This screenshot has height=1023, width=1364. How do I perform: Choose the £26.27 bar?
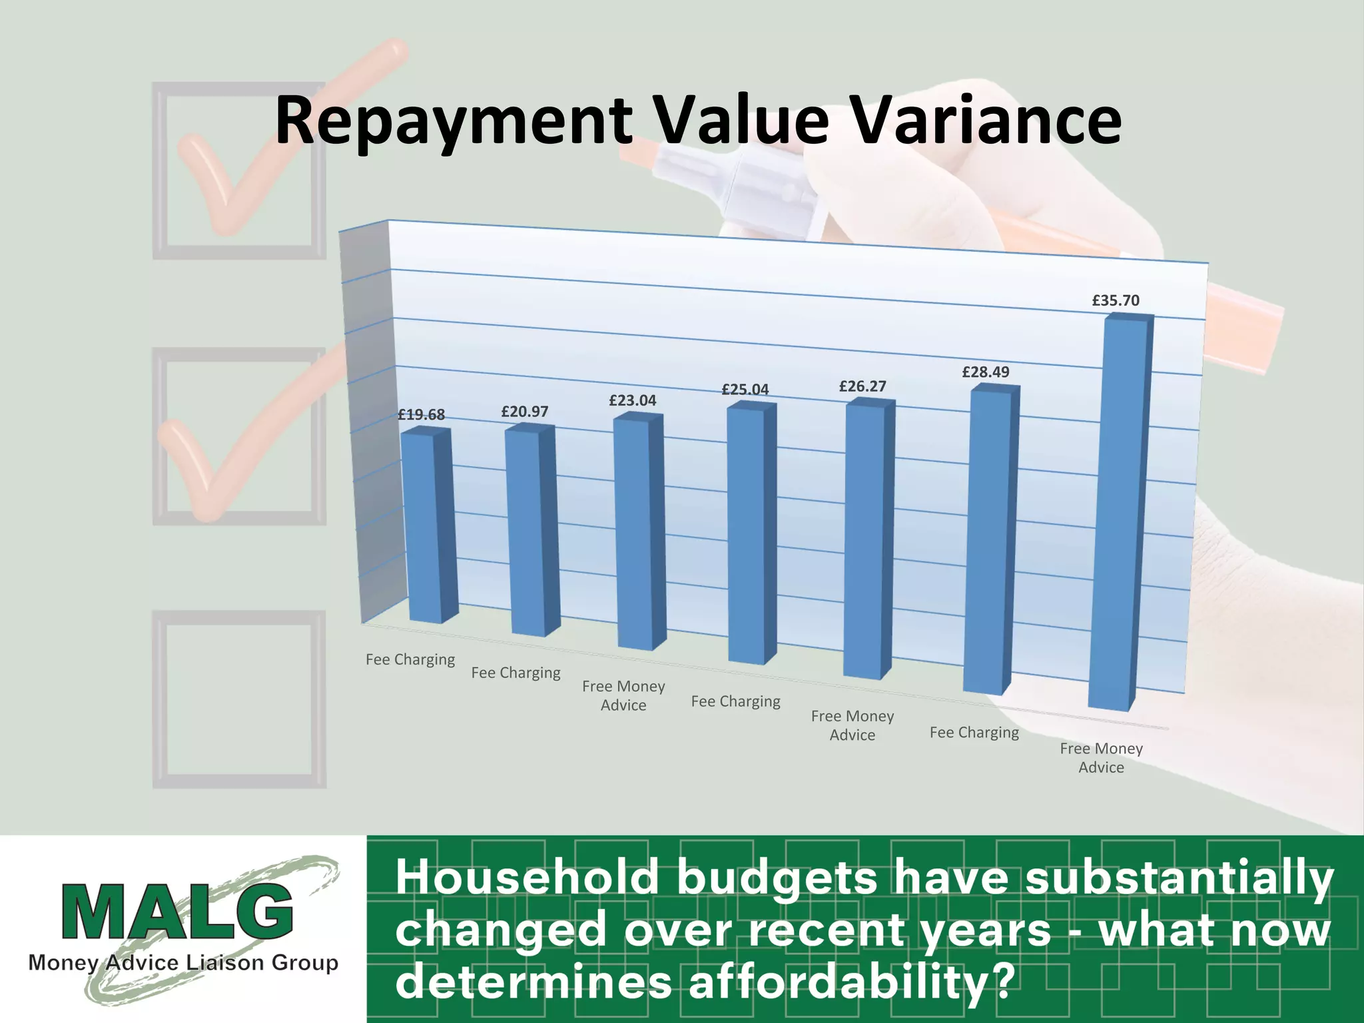tap(866, 539)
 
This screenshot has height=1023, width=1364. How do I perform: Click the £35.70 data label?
tap(1116, 300)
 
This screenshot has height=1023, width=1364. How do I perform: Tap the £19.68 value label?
tap(421, 414)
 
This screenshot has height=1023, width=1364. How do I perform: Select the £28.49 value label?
tap(986, 372)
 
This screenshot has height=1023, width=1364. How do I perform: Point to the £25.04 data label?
tap(745, 389)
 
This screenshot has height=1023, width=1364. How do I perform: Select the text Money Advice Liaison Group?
tap(183, 962)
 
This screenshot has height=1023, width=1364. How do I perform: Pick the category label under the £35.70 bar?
tap(1101, 758)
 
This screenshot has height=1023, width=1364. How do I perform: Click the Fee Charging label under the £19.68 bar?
tap(410, 659)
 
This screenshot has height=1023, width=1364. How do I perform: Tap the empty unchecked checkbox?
tap(239, 699)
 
